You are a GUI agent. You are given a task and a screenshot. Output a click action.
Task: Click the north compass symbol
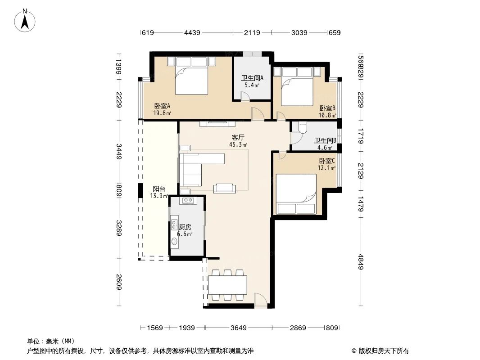click(25, 20)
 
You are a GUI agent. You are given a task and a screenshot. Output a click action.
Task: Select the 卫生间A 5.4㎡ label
click(252, 81)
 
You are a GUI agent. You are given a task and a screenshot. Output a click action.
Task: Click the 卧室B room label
click(327, 111)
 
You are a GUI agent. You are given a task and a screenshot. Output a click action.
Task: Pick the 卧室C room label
click(327, 164)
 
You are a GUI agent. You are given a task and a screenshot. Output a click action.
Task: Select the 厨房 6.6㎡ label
click(185, 230)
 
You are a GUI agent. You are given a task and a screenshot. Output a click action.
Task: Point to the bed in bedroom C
click(296, 194)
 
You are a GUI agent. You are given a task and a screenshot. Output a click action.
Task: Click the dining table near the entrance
click(227, 284)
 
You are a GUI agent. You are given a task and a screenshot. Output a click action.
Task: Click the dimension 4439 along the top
click(192, 32)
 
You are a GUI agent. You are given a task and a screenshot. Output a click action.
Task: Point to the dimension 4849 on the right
click(361, 261)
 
